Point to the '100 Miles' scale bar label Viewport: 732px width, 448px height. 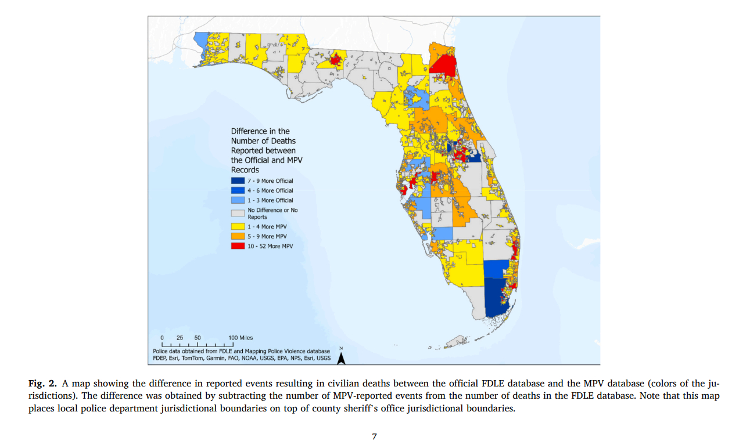(x=241, y=338)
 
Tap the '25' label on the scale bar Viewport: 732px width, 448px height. (x=180, y=338)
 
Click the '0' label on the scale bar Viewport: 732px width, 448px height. (x=162, y=338)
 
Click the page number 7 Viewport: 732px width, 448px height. (x=374, y=436)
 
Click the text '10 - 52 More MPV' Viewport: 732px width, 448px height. (x=271, y=246)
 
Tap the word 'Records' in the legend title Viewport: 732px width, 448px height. (x=245, y=170)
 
